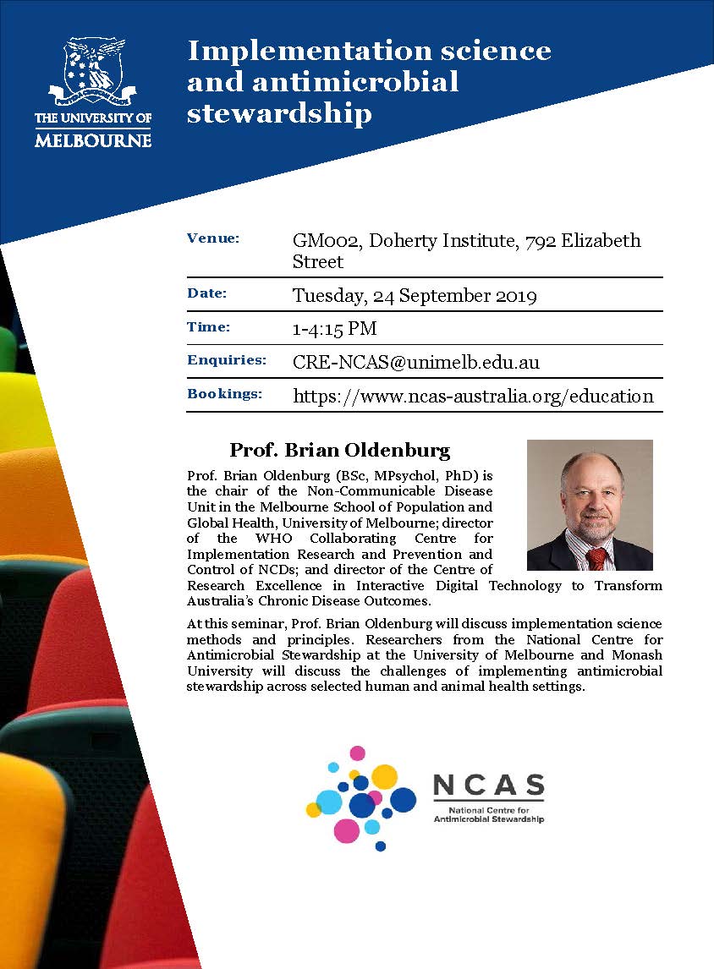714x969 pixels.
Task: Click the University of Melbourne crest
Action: pyautogui.click(x=93, y=72)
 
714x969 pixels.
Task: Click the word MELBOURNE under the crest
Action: pyautogui.click(x=93, y=139)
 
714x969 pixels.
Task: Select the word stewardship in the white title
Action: pyautogui.click(x=279, y=112)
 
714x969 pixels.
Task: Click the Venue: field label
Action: pyautogui.click(x=213, y=238)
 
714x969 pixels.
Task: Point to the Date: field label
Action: pyautogui.click(x=207, y=293)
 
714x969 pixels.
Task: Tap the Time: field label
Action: pyautogui.click(x=208, y=327)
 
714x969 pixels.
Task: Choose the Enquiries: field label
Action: pyautogui.click(x=227, y=360)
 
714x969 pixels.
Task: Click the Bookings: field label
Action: pyautogui.click(x=224, y=394)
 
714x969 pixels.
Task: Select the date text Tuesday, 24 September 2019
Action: pyautogui.click(x=415, y=296)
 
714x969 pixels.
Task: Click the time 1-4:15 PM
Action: pyautogui.click(x=334, y=329)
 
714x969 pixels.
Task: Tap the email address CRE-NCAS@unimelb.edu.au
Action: pyautogui.click(x=416, y=363)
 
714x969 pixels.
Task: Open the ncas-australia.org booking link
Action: pyautogui.click(x=473, y=396)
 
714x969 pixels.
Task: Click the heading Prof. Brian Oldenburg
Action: pyautogui.click(x=340, y=449)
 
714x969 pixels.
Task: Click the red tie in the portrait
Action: pyautogui.click(x=596, y=559)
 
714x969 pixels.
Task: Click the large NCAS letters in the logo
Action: pyautogui.click(x=488, y=786)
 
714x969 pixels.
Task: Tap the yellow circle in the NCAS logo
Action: pyautogui.click(x=385, y=775)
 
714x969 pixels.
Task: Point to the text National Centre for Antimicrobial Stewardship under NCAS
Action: pyautogui.click(x=488, y=814)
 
